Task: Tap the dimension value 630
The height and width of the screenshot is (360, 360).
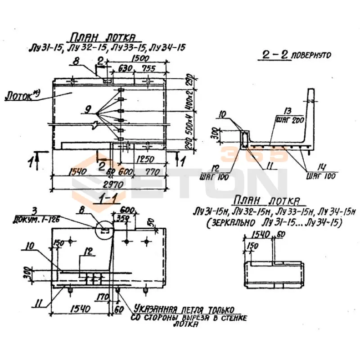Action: point(125,69)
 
